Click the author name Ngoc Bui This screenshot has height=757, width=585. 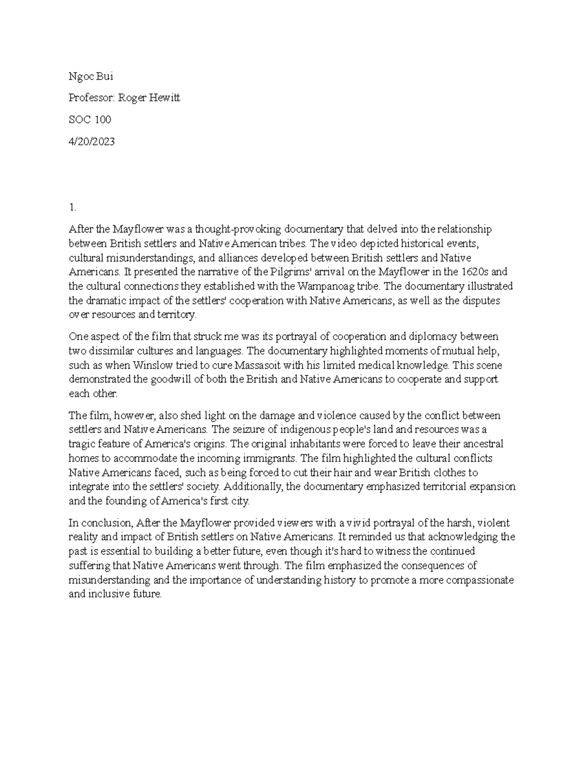(91, 77)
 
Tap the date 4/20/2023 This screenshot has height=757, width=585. (92, 141)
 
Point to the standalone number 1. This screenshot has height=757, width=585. (72, 208)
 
